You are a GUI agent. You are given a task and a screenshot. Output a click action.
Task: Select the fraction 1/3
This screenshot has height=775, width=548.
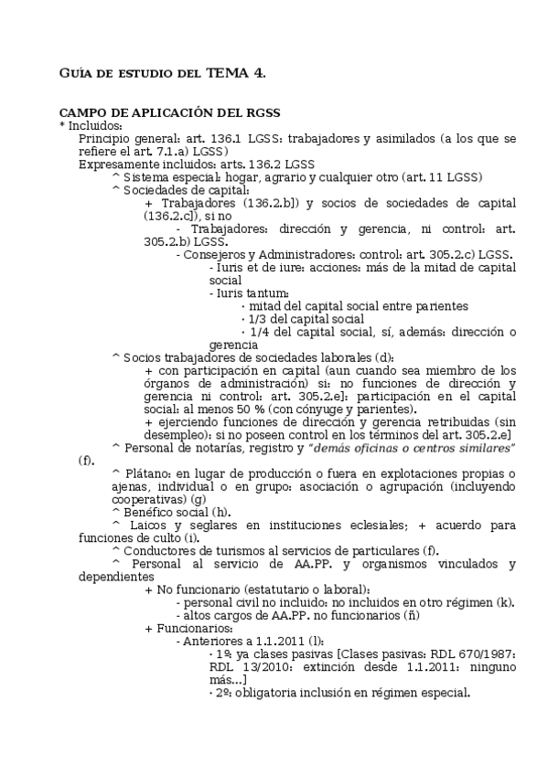click(257, 319)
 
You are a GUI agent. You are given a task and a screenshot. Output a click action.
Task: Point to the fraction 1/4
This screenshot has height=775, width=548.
click(257, 332)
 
